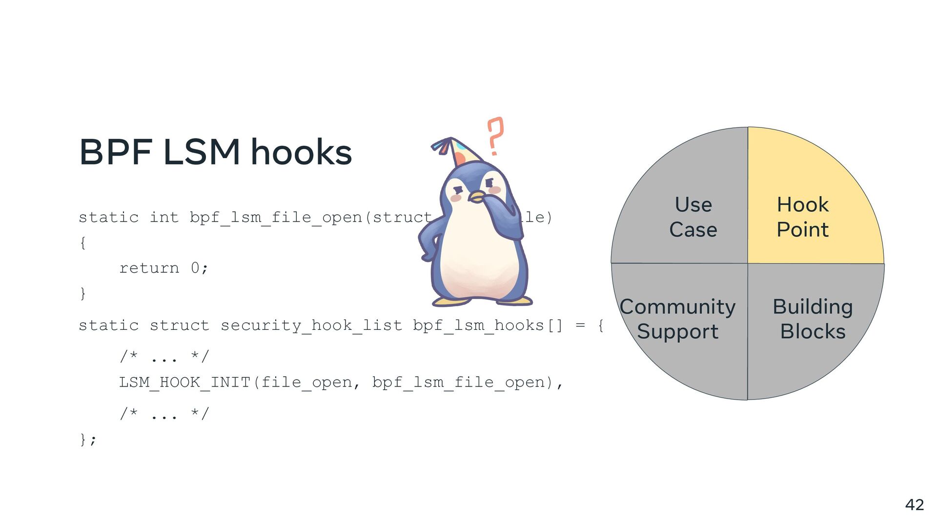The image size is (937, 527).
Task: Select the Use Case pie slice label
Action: coord(693,217)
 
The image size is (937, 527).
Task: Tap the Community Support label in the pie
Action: coord(677,319)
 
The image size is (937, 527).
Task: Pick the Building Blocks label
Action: coord(813,319)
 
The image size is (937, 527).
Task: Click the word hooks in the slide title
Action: coord(301,152)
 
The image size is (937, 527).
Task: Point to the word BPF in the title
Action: coord(116,152)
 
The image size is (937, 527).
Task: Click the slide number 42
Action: coord(914,505)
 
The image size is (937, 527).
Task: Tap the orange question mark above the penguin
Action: coord(495,136)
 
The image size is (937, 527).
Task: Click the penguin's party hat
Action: coord(456,152)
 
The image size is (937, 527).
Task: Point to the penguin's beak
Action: coord(476,197)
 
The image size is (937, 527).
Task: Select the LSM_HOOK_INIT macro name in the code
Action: coord(184,382)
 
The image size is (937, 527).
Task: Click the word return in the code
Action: coord(149,268)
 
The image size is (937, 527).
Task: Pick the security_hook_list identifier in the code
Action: coord(311,325)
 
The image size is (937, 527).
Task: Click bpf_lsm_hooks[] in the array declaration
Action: coord(488,325)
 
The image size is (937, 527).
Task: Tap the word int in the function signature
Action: coord(164,217)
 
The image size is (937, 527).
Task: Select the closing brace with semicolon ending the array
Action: coord(88,439)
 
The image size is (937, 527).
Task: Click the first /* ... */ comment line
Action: coord(164,357)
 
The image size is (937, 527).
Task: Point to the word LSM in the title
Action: coord(201,152)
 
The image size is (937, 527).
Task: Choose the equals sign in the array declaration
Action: coord(580,325)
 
